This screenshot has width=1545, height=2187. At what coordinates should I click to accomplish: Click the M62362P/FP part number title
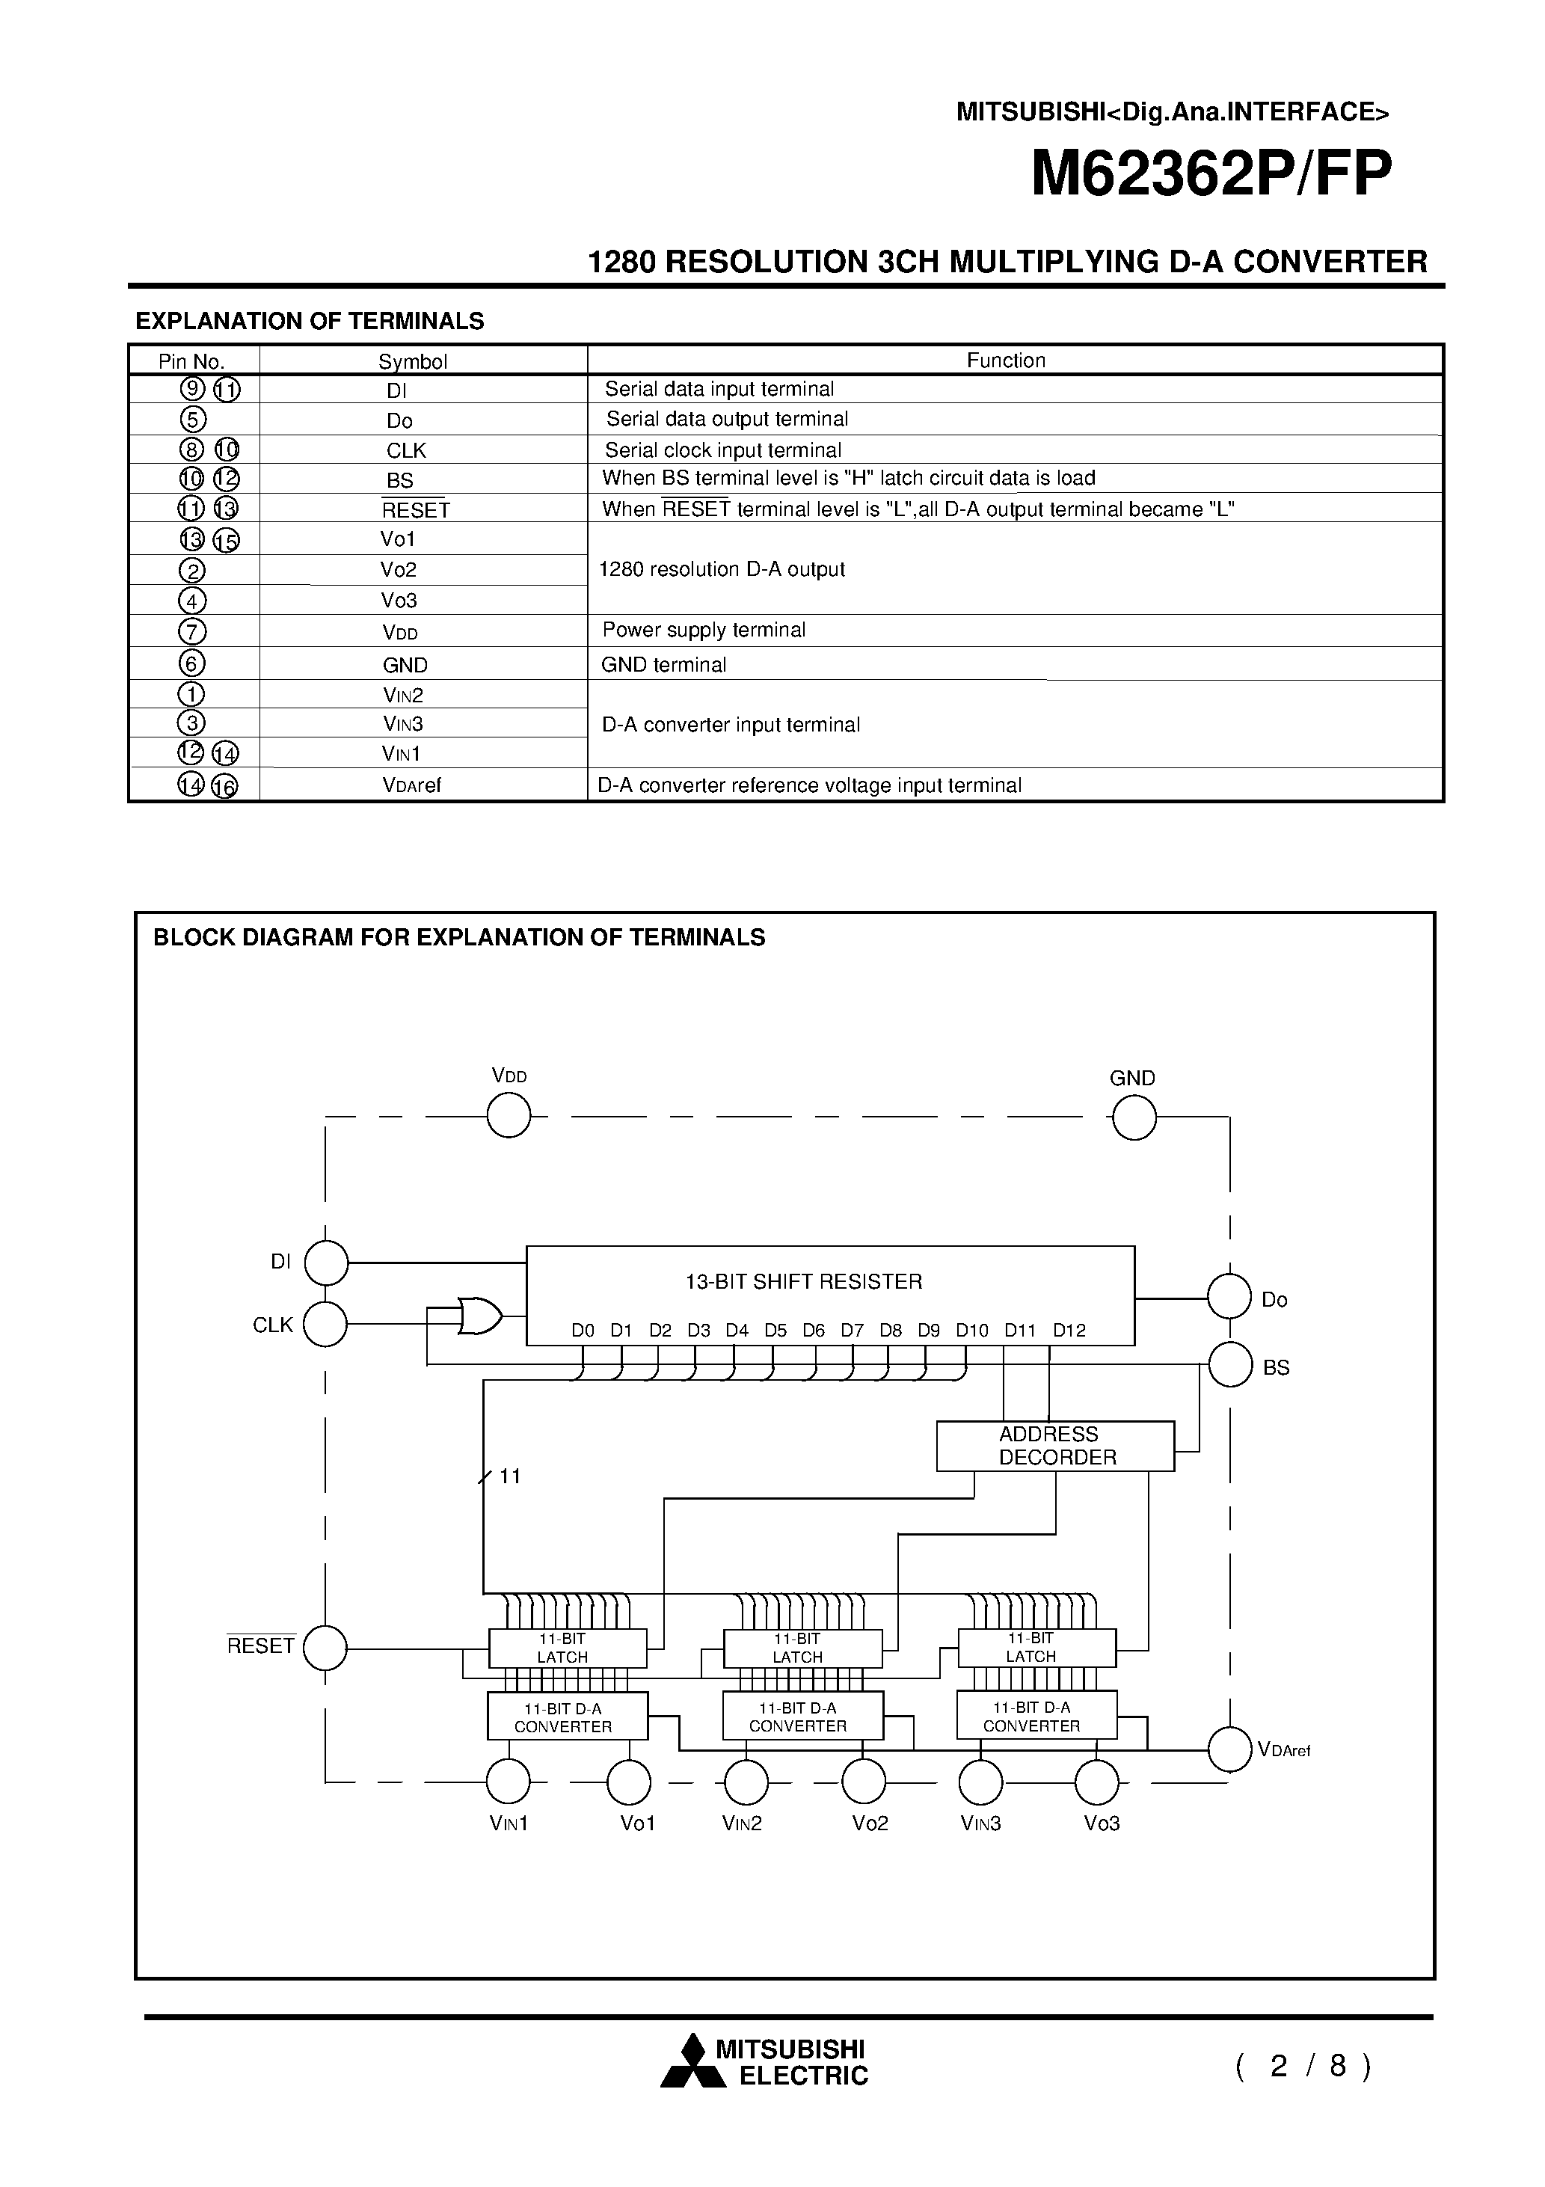(x=1211, y=175)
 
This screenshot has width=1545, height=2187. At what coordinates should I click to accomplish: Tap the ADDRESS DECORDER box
(x=1054, y=1446)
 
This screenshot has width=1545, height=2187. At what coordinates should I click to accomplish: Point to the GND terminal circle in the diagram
(x=1134, y=1117)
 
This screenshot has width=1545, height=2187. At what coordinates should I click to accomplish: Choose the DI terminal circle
(x=326, y=1263)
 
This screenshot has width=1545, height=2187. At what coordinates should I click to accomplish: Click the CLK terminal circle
(x=326, y=1324)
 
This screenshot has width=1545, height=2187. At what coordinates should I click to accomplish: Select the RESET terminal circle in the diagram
(x=326, y=1648)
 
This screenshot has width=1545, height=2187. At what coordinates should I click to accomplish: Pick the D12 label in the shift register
(x=1069, y=1331)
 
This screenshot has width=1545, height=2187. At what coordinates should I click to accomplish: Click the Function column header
(x=1006, y=360)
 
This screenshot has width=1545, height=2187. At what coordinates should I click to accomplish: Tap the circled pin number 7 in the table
(x=192, y=631)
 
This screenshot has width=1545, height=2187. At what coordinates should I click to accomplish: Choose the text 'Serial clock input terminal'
(x=723, y=450)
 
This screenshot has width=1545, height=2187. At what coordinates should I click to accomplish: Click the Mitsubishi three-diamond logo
(x=683, y=2062)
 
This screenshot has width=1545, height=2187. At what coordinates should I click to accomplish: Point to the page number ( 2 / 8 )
(x=1304, y=2066)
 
